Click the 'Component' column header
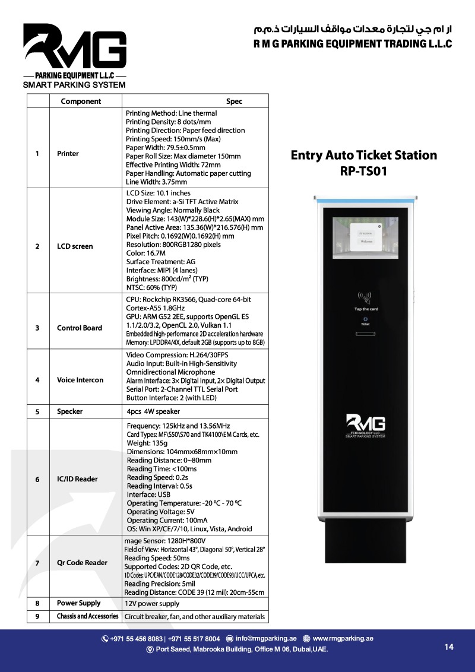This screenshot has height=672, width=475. pyautogui.click(x=81, y=101)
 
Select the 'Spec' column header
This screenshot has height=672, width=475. pyautogui.click(x=234, y=101)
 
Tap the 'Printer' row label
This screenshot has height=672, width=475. pyautogui.click(x=68, y=154)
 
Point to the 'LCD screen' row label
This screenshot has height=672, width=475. pyautogui.click(x=75, y=246)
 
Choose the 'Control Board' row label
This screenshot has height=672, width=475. pyautogui.click(x=79, y=328)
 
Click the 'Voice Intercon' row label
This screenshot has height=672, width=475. pyautogui.click(x=80, y=380)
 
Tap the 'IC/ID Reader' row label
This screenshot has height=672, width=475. pyautogui.click(x=77, y=479)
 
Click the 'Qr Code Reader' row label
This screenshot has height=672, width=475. pyautogui.click(x=82, y=563)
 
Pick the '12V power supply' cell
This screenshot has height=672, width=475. pyautogui.click(x=152, y=604)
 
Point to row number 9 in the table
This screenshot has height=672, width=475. pyautogui.click(x=37, y=616)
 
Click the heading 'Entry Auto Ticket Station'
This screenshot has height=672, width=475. pyautogui.click(x=363, y=156)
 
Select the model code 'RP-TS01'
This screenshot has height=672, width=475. pyautogui.click(x=363, y=172)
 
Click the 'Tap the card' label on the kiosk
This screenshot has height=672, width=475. pyautogui.click(x=366, y=309)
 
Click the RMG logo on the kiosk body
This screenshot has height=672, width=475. pyautogui.click(x=366, y=426)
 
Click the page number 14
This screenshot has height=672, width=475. pyautogui.click(x=449, y=647)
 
